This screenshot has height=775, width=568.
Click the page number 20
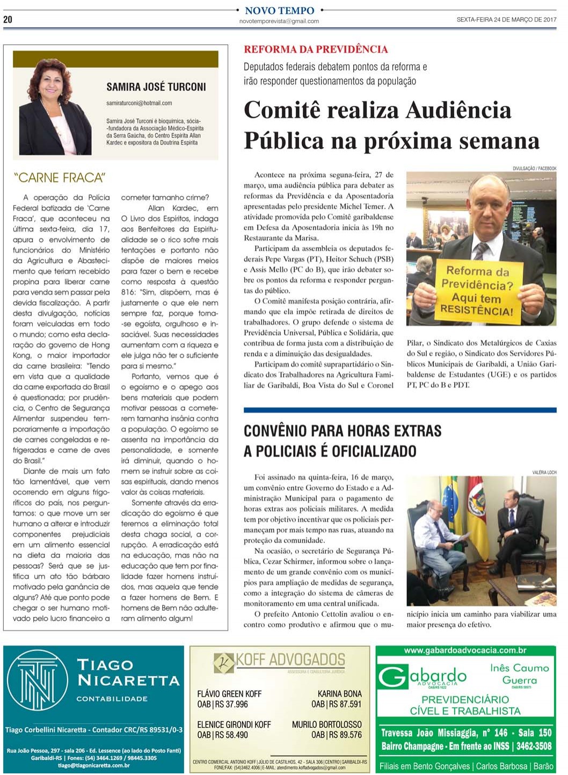pos(8,19)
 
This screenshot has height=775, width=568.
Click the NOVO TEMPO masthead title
pos(279,10)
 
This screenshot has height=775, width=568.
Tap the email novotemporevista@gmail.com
pos(279,21)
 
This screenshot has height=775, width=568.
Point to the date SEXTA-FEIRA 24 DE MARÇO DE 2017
pos(506,19)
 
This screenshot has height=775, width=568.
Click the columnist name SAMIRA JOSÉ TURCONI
pos(156,87)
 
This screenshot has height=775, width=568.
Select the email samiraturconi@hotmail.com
pos(139,103)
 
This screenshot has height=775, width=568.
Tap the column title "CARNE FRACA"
pos(60,178)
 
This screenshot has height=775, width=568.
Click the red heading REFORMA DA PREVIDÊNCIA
pos(316,49)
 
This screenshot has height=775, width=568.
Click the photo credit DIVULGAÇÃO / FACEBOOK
pos(534,169)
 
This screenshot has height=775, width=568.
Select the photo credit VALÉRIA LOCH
pos(544,472)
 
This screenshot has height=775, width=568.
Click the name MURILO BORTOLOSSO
pos(326,725)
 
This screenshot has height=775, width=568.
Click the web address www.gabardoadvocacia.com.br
pos(465,650)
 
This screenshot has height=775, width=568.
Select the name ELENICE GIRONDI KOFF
pos(234,725)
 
